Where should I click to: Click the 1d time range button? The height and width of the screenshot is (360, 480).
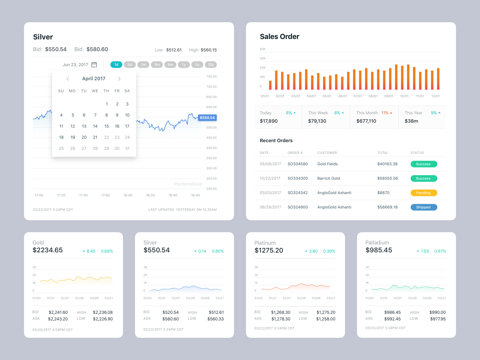click(x=116, y=64)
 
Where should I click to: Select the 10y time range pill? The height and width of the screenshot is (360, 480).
click(x=211, y=64)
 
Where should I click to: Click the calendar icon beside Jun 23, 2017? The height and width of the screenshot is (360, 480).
click(x=94, y=64)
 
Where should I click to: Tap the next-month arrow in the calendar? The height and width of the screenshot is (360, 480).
click(x=119, y=79)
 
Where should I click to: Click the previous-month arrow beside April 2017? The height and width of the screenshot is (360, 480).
click(x=68, y=79)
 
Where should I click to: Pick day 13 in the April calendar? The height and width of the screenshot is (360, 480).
click(x=84, y=126)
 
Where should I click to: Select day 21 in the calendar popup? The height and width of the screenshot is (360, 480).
click(x=95, y=137)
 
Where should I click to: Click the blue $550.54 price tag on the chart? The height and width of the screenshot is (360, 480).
click(x=207, y=118)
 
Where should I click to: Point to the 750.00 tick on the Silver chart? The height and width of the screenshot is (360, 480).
click(x=211, y=76)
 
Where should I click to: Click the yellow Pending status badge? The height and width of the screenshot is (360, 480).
click(x=424, y=193)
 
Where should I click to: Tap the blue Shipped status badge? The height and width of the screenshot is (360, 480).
click(x=424, y=207)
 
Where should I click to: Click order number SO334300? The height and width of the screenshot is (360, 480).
click(x=298, y=178)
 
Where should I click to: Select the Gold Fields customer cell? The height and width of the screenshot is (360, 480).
click(x=327, y=164)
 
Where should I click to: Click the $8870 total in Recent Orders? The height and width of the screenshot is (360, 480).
click(x=383, y=193)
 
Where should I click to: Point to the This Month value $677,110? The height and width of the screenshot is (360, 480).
click(x=366, y=121)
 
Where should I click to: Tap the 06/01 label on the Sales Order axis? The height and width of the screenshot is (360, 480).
click(x=342, y=96)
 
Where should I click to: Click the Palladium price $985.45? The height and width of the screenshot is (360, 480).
click(x=379, y=250)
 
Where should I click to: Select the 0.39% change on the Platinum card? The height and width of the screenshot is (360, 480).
click(x=329, y=251)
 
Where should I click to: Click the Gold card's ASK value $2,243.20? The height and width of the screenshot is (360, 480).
click(x=58, y=319)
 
